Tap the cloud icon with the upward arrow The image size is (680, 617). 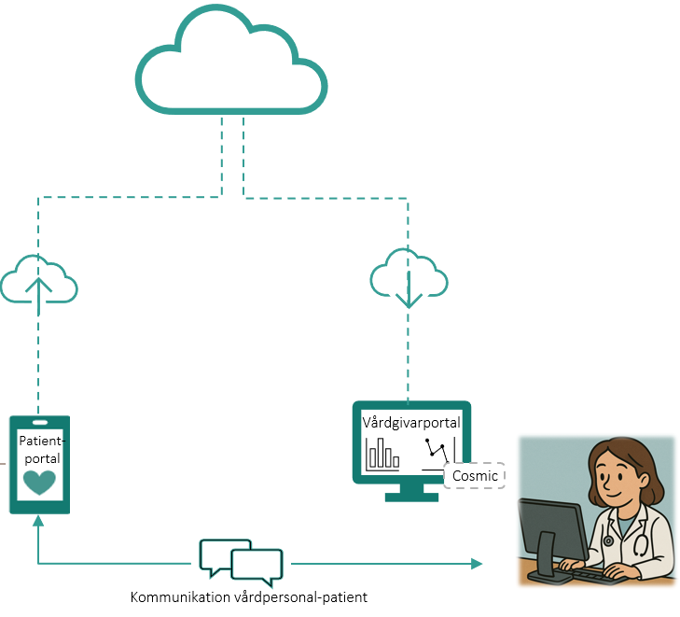[38, 279]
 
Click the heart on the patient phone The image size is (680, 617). [39, 483]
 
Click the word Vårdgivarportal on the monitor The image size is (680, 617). [411, 423]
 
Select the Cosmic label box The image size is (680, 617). [475, 476]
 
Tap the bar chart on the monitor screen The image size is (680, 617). [383, 455]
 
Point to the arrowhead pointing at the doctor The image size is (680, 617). [478, 564]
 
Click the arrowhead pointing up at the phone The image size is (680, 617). [38, 520]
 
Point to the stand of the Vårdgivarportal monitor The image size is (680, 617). [411, 491]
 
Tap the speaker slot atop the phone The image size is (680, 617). [39, 422]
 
